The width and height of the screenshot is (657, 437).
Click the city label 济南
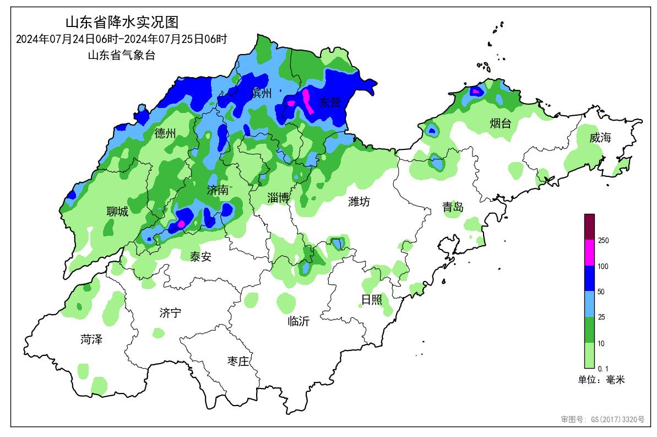218,191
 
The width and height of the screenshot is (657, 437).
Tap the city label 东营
330,102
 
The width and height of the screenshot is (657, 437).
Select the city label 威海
600,138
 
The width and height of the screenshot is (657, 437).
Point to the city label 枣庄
238,362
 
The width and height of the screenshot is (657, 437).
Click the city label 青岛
453,207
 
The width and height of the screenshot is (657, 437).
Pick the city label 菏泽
91,339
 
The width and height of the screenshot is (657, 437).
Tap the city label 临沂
298,321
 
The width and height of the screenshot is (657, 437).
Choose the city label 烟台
500,123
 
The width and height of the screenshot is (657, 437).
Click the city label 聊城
117,212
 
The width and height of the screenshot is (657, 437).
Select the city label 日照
371,300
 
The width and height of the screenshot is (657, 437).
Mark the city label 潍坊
359,202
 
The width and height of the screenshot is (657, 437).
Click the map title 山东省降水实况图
122,23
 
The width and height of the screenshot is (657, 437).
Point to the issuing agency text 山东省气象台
122,55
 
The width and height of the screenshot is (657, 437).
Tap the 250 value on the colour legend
603,240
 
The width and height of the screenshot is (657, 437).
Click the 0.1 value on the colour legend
602,368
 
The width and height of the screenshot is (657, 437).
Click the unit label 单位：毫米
601,380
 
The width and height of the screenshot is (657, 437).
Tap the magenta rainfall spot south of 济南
180,224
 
